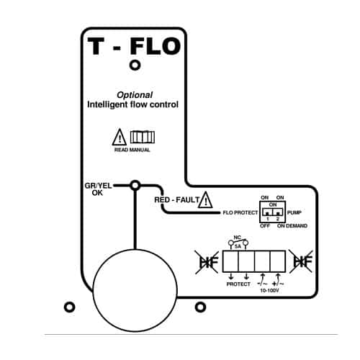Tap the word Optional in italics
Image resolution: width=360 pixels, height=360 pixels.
pos(135,95)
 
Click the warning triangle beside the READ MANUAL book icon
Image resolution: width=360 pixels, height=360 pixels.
pos(120,138)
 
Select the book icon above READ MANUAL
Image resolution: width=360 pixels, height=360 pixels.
pos(143,137)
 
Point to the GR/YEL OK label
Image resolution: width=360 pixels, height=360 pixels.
pos(98,189)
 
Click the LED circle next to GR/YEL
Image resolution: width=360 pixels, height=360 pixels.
pos(135,185)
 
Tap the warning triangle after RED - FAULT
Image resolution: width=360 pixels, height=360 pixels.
pos(206,199)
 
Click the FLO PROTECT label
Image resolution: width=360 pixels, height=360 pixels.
pos(240,212)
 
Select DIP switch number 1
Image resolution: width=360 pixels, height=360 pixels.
pos(267,212)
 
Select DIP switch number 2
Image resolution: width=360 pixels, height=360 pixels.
pos(278,212)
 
